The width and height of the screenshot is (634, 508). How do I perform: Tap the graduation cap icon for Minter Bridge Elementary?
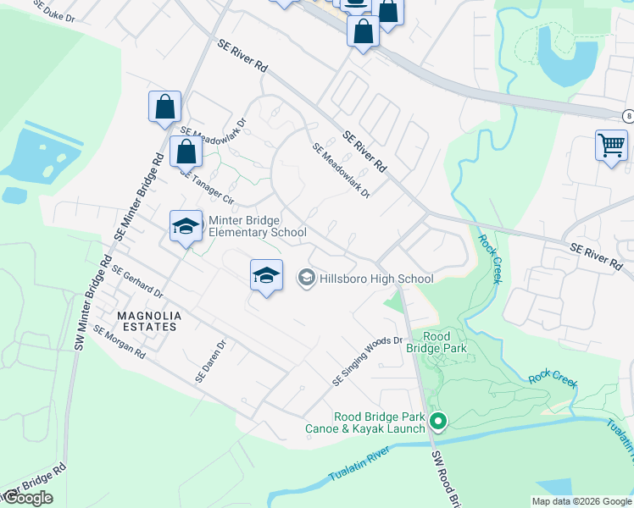click(186, 226)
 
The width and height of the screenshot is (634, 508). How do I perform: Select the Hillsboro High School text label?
click(376, 279)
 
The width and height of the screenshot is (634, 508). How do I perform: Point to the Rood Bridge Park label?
click(445, 342)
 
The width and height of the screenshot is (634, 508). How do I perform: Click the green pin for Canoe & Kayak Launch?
click(438, 420)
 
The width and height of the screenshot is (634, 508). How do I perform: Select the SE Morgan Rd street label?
click(120, 342)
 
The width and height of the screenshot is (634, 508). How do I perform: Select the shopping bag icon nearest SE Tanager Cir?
click(186, 153)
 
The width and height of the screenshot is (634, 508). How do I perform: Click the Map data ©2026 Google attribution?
click(581, 501)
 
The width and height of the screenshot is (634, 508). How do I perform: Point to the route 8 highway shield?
click(627, 116)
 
